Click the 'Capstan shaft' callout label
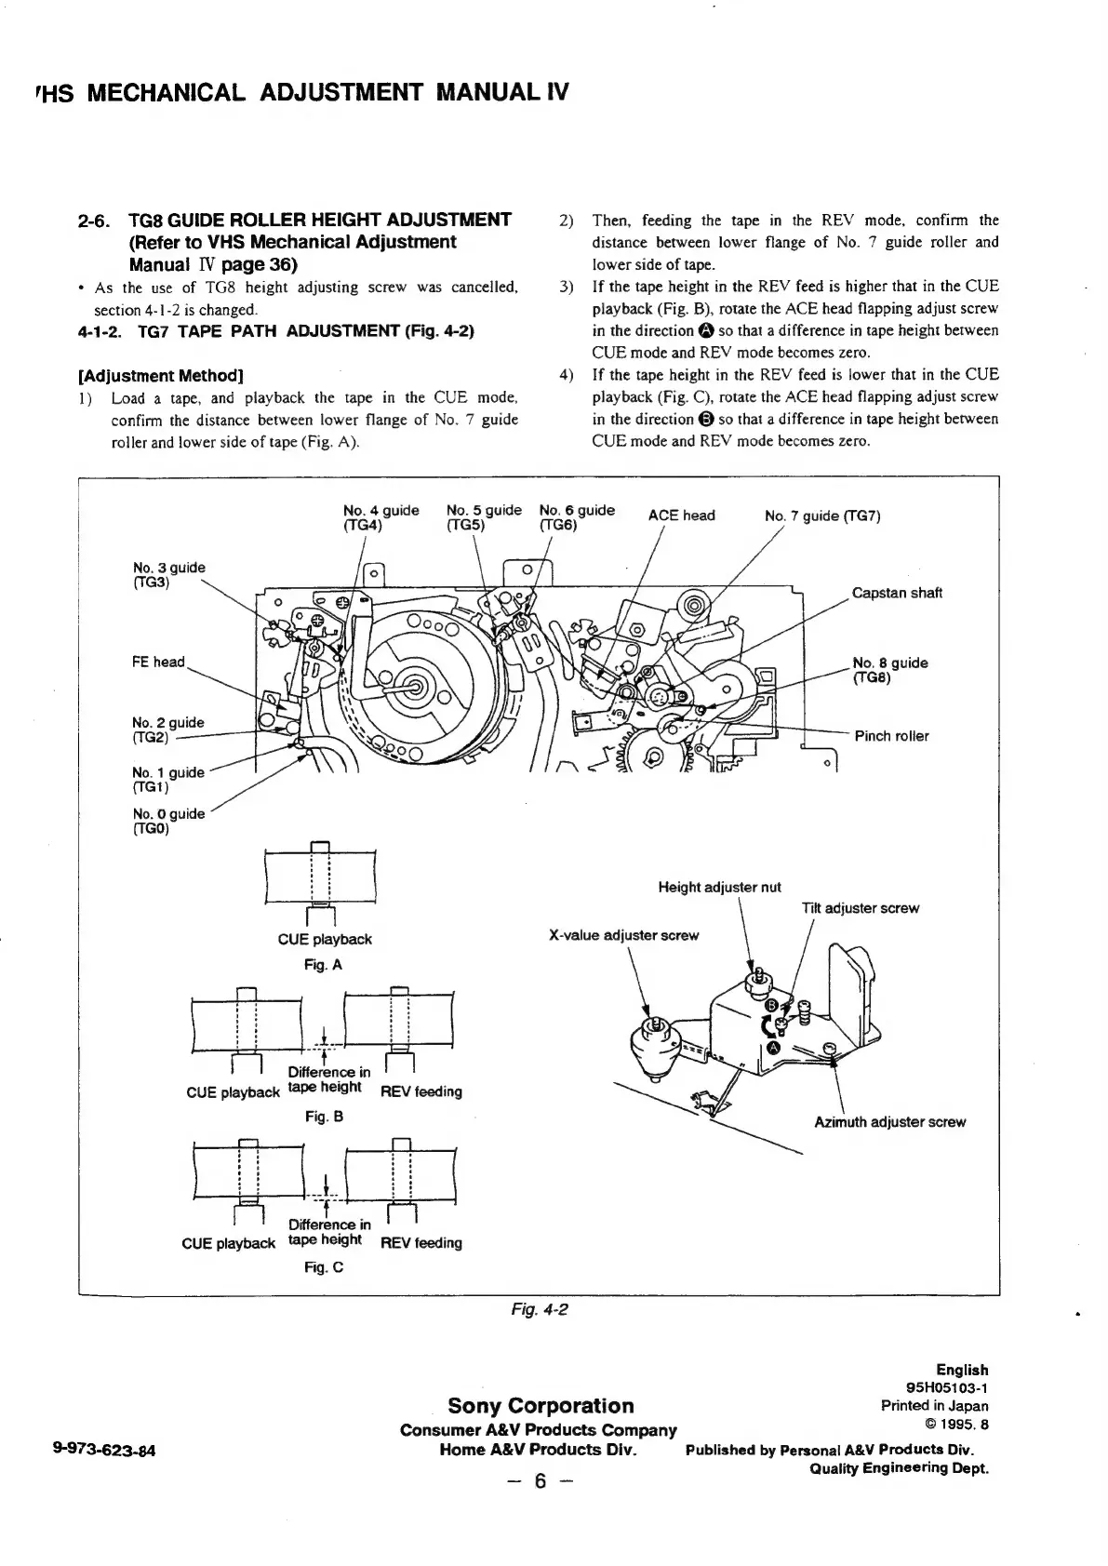click(897, 593)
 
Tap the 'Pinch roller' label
click(891, 736)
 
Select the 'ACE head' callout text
click(681, 515)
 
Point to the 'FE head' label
click(158, 662)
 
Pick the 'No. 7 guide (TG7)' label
click(822, 515)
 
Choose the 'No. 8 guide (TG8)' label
click(889, 670)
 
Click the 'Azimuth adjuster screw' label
click(889, 1122)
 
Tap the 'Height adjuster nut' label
click(719, 887)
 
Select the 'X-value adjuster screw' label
click(623, 935)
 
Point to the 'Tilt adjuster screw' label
click(860, 908)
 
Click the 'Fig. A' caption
click(323, 965)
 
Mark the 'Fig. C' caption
click(324, 1266)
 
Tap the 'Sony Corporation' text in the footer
click(541, 1405)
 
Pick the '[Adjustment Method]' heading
click(160, 376)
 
